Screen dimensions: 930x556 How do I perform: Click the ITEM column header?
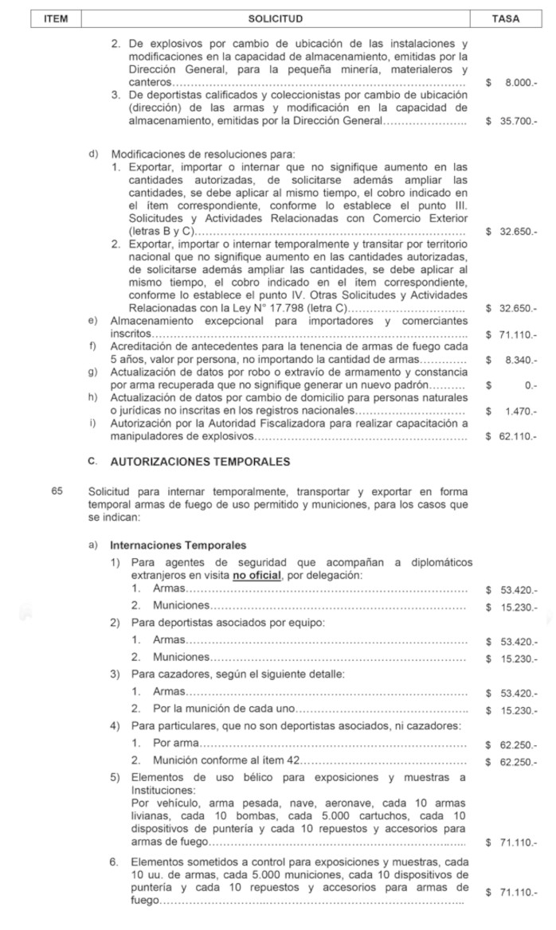[57, 18]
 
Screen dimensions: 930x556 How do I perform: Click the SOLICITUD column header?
[275, 18]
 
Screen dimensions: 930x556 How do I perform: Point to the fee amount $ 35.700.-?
[511, 121]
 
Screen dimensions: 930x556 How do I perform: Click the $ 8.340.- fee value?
[511, 360]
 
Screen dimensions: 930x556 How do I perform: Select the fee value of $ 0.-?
[511, 385]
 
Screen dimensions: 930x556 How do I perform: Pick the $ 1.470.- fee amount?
[511, 411]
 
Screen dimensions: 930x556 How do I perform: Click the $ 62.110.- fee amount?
[511, 436]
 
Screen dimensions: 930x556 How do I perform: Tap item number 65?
[57, 492]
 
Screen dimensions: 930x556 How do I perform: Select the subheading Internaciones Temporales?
[178, 545]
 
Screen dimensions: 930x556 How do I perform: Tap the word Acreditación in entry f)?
[143, 346]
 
